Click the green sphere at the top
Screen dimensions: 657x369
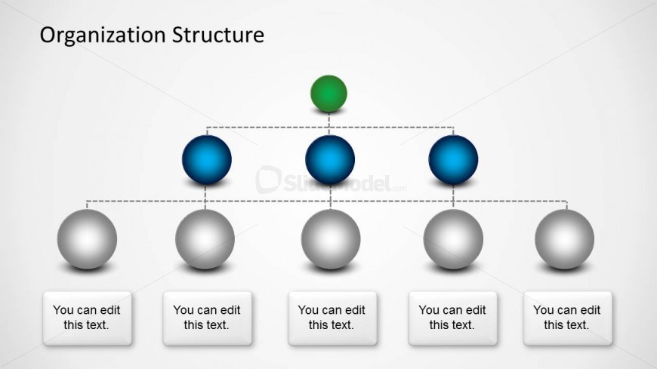328,94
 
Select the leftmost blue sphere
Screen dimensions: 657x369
207,159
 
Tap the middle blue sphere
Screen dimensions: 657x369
330,159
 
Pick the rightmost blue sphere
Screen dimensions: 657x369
453,159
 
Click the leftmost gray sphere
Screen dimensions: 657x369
87,239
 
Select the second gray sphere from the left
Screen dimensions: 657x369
205,239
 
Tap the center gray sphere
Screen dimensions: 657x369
331,239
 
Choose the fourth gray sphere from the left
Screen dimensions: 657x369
453,239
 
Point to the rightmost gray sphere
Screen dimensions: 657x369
564,239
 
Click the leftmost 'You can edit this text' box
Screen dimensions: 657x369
87,318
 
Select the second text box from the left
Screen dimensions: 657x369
208,318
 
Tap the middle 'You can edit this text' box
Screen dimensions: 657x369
332,318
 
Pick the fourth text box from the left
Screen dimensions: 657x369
452,318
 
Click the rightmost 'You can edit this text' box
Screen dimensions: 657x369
567,318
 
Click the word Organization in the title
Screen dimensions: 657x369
103,35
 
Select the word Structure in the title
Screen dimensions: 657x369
218,35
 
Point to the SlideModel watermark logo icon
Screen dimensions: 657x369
268,180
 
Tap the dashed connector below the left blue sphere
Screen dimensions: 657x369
205,197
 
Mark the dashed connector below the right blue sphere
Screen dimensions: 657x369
453,197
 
